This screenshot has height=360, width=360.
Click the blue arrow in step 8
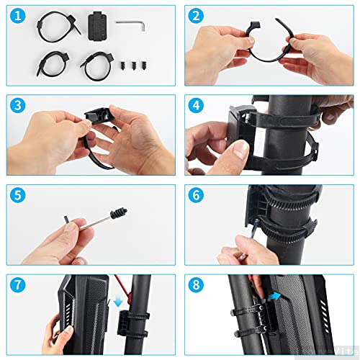276,295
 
